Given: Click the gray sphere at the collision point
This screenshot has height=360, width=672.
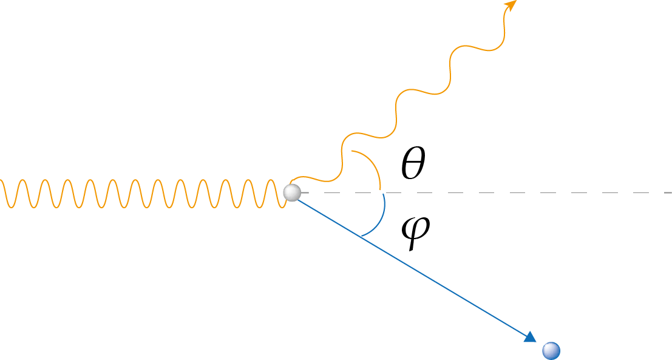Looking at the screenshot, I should click(x=292, y=193).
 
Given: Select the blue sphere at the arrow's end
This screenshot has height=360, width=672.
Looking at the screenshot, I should click(x=551, y=350).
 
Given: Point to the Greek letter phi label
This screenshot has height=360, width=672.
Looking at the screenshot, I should click(x=415, y=233).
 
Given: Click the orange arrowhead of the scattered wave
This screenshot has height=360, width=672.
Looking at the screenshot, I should click(x=511, y=5).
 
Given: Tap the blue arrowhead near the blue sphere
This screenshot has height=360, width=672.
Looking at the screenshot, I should click(x=530, y=336).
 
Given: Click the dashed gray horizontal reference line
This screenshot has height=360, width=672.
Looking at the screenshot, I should click(x=486, y=193).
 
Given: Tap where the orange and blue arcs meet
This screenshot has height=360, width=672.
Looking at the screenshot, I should click(x=382, y=193).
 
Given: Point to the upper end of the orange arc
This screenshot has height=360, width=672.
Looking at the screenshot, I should click(x=351, y=151).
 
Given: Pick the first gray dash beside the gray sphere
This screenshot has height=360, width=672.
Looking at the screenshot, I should click(x=307, y=193).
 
